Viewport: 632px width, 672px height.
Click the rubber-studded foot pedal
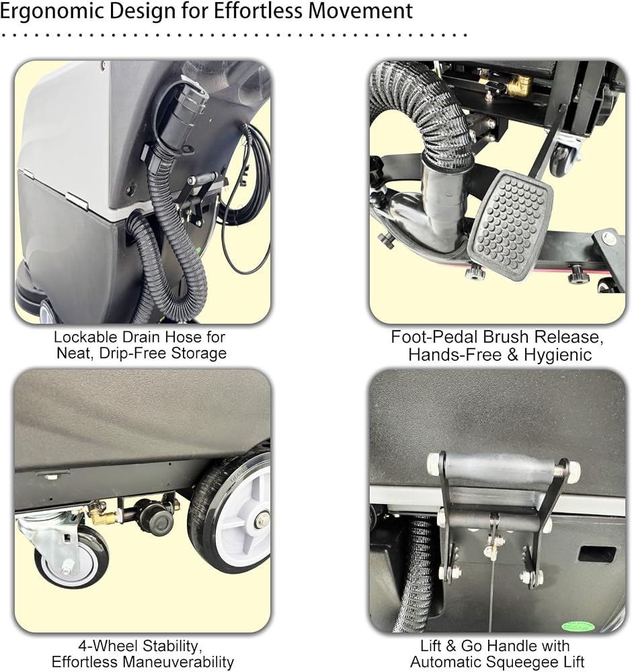pyautogui.click(x=510, y=224)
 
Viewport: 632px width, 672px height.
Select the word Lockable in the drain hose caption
pyautogui.click(x=85, y=337)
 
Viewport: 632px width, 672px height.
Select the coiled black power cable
pyautogui.click(x=245, y=197)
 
